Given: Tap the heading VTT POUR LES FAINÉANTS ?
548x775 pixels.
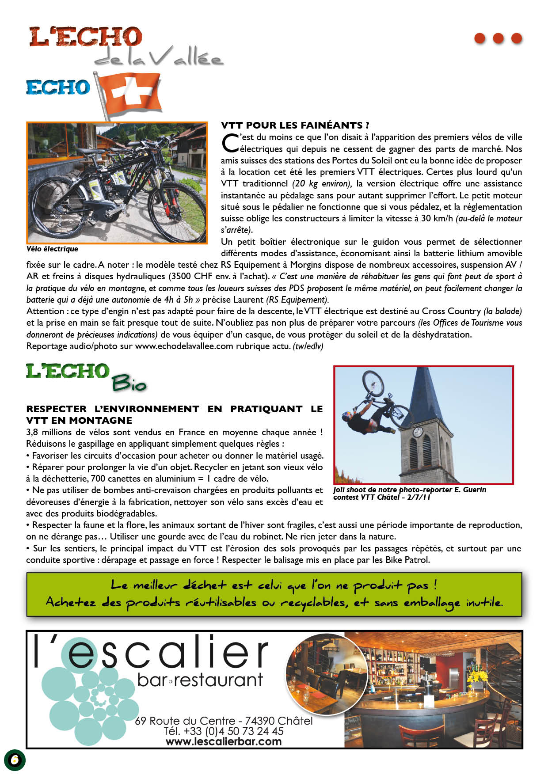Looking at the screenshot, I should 295,125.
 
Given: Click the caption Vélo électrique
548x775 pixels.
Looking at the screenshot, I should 52,249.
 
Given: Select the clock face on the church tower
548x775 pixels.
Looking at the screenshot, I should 418,431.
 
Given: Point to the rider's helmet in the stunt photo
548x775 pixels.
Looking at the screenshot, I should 346,415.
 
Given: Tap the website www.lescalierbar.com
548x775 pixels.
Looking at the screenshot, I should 224,741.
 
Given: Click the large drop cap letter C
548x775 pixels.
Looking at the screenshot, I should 230,143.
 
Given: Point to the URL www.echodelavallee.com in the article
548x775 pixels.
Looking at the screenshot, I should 184,346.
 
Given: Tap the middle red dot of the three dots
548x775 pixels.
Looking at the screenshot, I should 498,38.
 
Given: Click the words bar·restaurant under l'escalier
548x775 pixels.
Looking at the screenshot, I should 200,680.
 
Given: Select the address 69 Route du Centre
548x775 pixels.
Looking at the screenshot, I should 185,721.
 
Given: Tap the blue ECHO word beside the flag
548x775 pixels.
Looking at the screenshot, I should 58,87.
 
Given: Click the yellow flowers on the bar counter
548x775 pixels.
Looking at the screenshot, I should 478,676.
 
